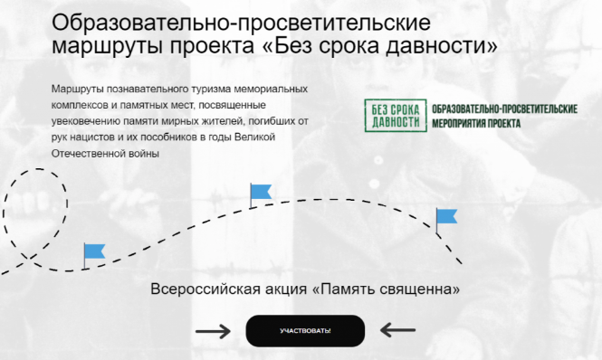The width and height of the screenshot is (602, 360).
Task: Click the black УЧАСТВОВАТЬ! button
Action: (x=305, y=331)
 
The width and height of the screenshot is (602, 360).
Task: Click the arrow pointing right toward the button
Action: (x=213, y=331)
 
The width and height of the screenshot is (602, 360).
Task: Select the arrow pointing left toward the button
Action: (x=397, y=330)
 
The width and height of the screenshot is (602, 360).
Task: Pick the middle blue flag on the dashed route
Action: (x=261, y=195)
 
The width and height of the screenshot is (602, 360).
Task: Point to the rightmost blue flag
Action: (x=446, y=221)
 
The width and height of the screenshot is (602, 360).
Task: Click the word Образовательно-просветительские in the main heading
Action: (x=241, y=23)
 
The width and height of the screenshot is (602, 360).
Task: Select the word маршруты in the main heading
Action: (x=108, y=46)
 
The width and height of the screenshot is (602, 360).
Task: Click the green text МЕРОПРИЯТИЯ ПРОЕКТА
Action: (x=476, y=124)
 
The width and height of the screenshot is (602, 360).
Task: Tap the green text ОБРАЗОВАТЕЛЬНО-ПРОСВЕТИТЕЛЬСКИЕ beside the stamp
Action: (x=504, y=109)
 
